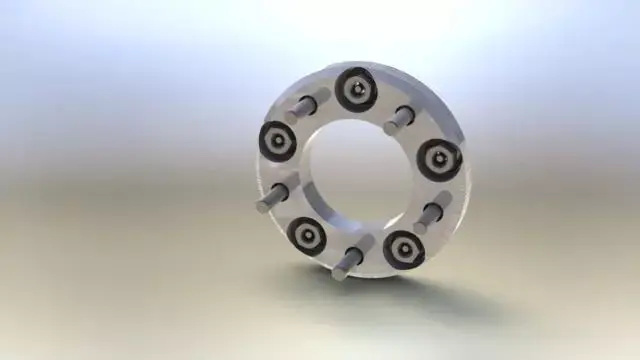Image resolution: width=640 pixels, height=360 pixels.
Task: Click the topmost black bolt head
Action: [x=356, y=90]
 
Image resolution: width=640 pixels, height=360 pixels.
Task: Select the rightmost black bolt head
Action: [x=439, y=158]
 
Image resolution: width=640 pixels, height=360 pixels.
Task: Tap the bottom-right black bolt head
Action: [x=403, y=249]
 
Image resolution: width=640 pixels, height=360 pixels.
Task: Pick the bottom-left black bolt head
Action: [x=306, y=236]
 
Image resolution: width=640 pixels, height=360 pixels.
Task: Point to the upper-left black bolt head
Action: [x=277, y=141]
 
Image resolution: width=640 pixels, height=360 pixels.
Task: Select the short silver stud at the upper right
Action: [x=398, y=119]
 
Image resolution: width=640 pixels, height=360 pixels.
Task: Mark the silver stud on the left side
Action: [x=278, y=192]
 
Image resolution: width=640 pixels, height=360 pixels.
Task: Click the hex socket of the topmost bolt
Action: [x=356, y=90]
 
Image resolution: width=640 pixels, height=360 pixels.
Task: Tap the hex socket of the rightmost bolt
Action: [x=440, y=158]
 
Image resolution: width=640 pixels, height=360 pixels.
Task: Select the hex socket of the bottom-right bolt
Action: [x=404, y=249]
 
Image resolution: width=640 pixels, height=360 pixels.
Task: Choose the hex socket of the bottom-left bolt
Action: [x=306, y=236]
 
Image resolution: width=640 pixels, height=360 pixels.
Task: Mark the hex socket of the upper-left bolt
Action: [x=277, y=141]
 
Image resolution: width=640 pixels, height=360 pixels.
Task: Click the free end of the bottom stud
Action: [x=341, y=271]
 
